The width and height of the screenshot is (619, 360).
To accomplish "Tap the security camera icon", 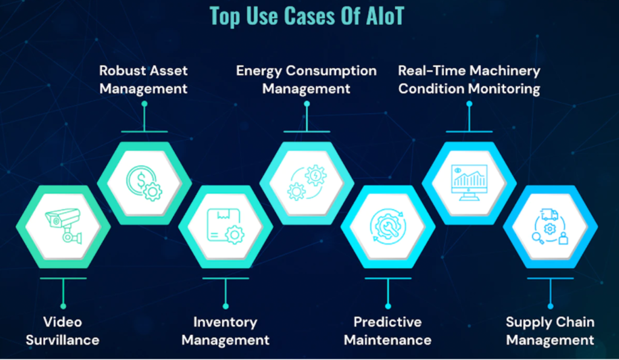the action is (x=63, y=225).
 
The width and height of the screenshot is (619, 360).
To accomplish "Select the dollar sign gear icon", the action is (x=144, y=184).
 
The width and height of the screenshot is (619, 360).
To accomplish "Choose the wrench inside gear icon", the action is (x=387, y=227).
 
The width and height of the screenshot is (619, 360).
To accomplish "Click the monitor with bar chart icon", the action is (x=469, y=182).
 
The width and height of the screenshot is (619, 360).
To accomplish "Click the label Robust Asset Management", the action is (x=144, y=80).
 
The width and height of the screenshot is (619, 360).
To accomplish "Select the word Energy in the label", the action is (x=259, y=71).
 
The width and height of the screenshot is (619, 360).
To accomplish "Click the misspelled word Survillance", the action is (x=62, y=340).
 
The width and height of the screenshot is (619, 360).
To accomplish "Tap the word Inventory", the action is (x=225, y=323).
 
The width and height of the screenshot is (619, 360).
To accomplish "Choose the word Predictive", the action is (x=387, y=322).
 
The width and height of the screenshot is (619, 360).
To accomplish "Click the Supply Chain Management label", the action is (x=550, y=331).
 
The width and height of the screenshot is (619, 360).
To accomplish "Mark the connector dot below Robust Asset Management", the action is (x=144, y=104).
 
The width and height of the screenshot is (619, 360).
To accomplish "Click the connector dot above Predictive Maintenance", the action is (x=388, y=306).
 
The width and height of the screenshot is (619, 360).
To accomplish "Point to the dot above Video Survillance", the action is (x=63, y=306).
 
